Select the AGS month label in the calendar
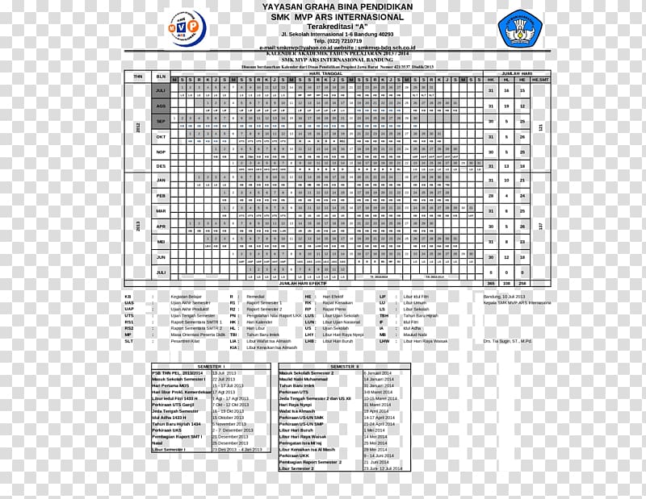coord(161,106)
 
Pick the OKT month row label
coord(161,136)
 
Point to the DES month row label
coord(161,165)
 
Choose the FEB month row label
coord(161,196)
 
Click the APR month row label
coord(161,226)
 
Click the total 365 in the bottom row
coord(490,284)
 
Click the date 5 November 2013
coord(229,423)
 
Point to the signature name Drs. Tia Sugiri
coord(508,341)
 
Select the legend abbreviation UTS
coord(129,315)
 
